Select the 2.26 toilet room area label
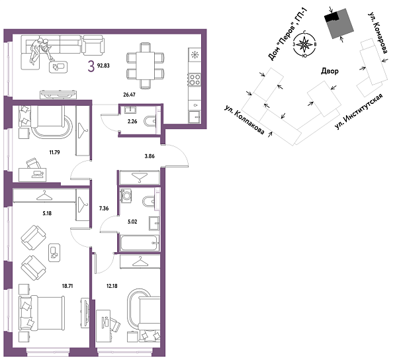[132, 121]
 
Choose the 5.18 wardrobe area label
[46, 213]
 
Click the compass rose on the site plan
[304, 46]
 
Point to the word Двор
[330, 71]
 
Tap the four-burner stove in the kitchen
[195, 79]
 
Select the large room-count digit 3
[90, 64]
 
